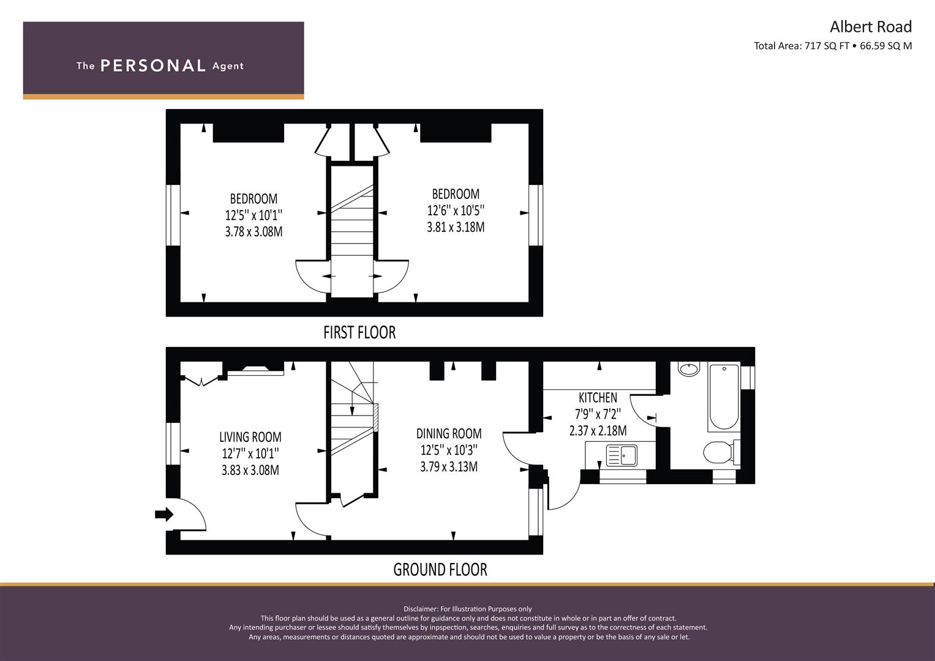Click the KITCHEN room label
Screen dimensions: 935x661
pyautogui.click(x=598, y=397)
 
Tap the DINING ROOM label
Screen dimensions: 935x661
pyautogui.click(x=449, y=433)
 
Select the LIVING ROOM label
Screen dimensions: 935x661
pyautogui.click(x=250, y=437)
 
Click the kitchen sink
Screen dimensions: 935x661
pyautogui.click(x=621, y=455)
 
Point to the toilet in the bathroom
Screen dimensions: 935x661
pyautogui.click(x=721, y=452)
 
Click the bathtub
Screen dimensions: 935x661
pyautogui.click(x=724, y=397)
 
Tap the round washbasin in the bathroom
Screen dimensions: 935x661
pyautogui.click(x=689, y=369)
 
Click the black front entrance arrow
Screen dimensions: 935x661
pyautogui.click(x=164, y=514)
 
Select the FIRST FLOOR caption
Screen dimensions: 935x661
pyautogui.click(x=359, y=332)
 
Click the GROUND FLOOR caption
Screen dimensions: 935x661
pyautogui.click(x=440, y=570)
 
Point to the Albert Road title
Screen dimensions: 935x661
pyautogui.click(x=870, y=27)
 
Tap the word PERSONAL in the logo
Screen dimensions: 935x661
pyautogui.click(x=153, y=65)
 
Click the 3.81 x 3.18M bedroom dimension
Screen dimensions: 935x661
pyautogui.click(x=456, y=228)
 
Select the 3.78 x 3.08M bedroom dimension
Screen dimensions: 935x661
pyautogui.click(x=253, y=231)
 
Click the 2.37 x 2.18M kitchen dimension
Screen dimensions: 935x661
pyautogui.click(x=598, y=431)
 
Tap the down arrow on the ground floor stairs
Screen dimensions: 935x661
pyautogui.click(x=352, y=404)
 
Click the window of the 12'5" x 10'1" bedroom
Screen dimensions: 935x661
pyautogui.click(x=173, y=215)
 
